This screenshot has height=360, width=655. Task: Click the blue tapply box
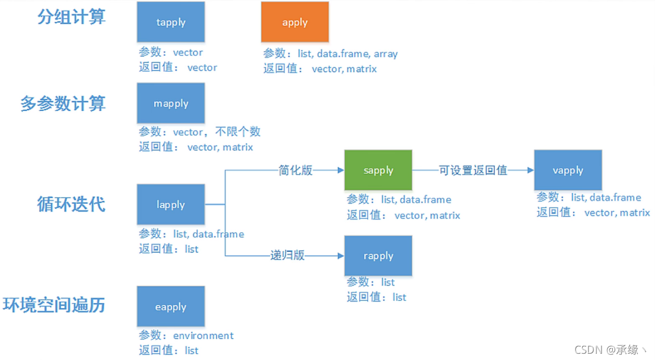point(171,22)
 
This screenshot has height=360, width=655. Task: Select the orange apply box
point(295,22)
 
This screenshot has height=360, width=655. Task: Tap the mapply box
point(171,104)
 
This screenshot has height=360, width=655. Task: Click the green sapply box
point(378,170)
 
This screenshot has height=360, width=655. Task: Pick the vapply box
point(568,170)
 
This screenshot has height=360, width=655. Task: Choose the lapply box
point(171,204)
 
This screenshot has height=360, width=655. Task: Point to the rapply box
point(378,256)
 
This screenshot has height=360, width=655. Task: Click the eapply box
point(171,307)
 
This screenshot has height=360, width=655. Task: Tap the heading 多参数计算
point(63,104)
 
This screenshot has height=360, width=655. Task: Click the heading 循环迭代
point(71,204)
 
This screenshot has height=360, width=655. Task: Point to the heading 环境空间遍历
point(54,305)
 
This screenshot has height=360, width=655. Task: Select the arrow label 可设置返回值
point(473,170)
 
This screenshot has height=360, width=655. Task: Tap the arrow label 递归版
point(287,255)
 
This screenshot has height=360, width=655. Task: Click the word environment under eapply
point(203,336)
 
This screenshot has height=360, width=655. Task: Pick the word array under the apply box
point(386,54)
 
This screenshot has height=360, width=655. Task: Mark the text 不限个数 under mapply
point(238,131)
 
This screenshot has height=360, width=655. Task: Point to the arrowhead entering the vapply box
point(530,170)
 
